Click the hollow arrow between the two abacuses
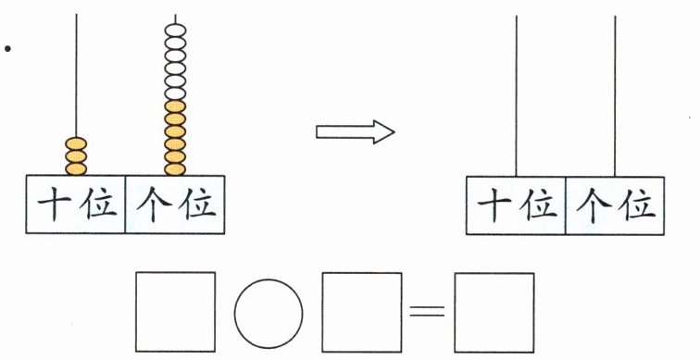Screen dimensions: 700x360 pyautogui.click(x=355, y=132)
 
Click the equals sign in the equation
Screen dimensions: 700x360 pyautogui.click(x=427, y=310)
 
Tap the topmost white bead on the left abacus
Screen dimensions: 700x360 pyautogui.click(x=175, y=31)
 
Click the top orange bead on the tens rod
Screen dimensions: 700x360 pyautogui.click(x=76, y=143)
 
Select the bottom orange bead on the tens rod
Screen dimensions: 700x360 pyautogui.click(x=76, y=169)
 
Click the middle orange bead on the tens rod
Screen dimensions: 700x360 pyautogui.click(x=76, y=156)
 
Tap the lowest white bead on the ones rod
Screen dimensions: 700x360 pyautogui.click(x=175, y=93)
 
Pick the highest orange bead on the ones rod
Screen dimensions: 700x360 pyautogui.click(x=175, y=106)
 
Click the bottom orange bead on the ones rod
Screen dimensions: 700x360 pyautogui.click(x=175, y=169)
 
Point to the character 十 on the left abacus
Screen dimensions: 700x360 pyautogui.click(x=55, y=205)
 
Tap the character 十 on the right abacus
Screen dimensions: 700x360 pyautogui.click(x=494, y=206)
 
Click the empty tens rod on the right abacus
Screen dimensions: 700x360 pyautogui.click(x=517, y=96)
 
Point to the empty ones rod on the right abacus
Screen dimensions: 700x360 pyautogui.click(x=615, y=96)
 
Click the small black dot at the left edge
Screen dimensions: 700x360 pyautogui.click(x=7, y=49)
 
